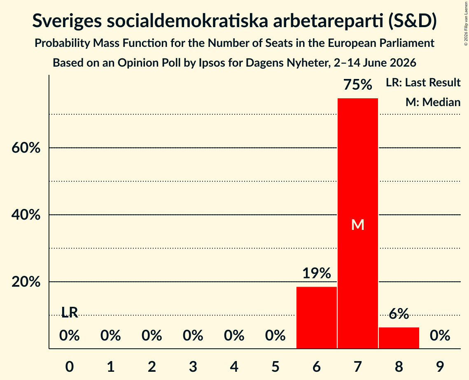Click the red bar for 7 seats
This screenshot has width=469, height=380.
358,223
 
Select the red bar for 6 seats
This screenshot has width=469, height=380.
317,317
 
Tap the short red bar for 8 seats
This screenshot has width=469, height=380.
399,338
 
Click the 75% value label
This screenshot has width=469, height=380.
358,85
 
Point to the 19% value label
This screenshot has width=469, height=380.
317,273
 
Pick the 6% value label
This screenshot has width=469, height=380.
399,314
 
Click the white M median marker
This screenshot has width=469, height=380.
358,225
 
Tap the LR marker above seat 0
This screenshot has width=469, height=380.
70,313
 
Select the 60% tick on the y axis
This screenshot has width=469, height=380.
26,148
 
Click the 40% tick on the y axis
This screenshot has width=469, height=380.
26,215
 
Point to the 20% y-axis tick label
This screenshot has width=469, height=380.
26,281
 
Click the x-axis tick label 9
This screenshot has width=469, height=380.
440,366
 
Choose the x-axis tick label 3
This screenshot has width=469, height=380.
193,366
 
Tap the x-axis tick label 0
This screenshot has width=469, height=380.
70,366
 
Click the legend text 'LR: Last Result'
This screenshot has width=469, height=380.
423,82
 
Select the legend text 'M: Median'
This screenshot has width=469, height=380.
433,102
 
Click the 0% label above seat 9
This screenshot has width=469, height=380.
440,336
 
